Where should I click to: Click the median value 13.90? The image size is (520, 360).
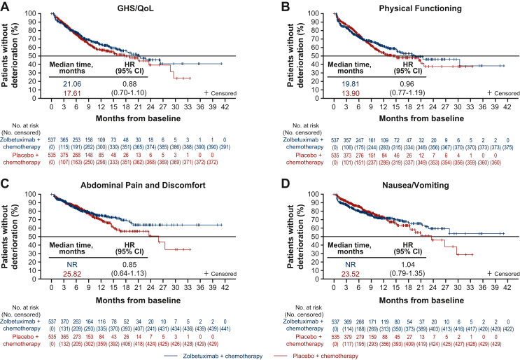pos(331,93)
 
